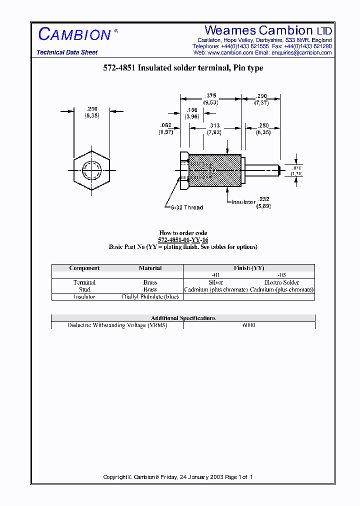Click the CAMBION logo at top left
click(x=74, y=34)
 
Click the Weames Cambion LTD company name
click(x=268, y=30)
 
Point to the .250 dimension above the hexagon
click(x=92, y=109)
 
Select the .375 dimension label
click(x=210, y=95)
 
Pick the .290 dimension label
click(x=261, y=95)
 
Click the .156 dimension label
click(x=192, y=110)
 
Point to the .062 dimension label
click(x=165, y=125)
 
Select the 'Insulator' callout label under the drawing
click(x=243, y=202)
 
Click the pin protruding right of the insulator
click(x=262, y=170)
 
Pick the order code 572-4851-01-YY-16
click(x=183, y=240)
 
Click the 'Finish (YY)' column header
click(x=249, y=268)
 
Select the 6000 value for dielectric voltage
click(x=249, y=325)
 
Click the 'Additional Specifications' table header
click(x=183, y=318)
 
